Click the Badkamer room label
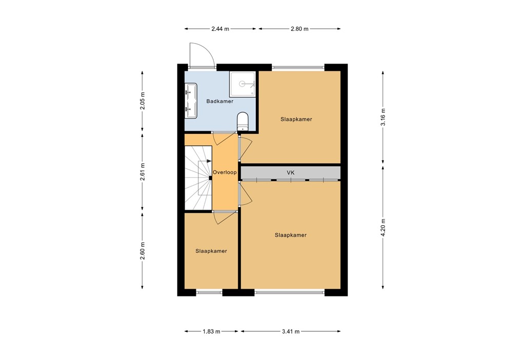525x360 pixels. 219,102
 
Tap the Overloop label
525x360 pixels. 225,173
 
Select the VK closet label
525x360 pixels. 290,173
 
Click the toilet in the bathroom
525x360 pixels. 243,122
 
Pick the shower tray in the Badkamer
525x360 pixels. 243,83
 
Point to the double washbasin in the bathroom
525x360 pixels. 191,101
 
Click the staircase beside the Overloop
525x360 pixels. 198,177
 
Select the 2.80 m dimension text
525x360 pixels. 299,29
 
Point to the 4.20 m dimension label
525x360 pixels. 383,228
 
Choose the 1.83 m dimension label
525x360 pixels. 211,331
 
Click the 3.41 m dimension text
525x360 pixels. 291,331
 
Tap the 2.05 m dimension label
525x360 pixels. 143,101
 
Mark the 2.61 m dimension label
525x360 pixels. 143,172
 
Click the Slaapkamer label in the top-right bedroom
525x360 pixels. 296,119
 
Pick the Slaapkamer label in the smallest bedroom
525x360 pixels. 211,251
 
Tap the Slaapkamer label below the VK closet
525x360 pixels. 291,235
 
